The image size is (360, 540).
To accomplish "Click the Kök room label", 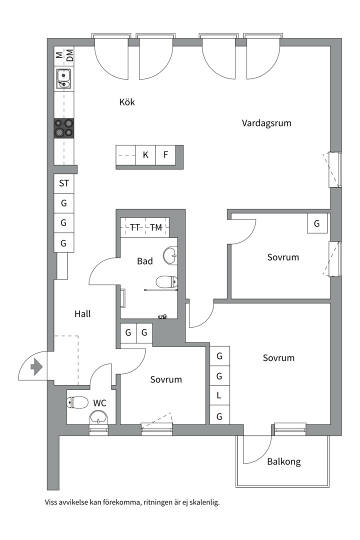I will [x=127, y=102].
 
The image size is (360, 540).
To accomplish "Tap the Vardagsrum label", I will [x=266, y=123].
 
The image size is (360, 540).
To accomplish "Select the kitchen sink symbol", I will [x=63, y=78].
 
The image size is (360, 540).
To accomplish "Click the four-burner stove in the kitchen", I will [x=64, y=128].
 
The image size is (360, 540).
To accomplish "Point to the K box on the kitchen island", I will [x=145, y=155].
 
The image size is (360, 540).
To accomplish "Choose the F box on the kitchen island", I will [x=165, y=155].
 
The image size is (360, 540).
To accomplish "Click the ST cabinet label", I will [x=64, y=183].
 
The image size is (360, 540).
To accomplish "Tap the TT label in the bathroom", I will [x=135, y=227].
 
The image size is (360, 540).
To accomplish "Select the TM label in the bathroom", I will [x=156, y=227].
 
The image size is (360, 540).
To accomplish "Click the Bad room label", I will [x=145, y=261].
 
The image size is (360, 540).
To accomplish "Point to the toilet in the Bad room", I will [x=166, y=282].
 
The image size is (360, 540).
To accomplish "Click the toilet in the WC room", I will [x=77, y=402].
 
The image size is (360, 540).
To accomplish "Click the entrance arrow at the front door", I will [x=36, y=368].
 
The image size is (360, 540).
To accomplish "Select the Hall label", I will [x=82, y=314].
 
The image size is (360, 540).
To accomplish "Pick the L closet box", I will [x=219, y=395].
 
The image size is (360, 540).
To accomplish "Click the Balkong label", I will [x=283, y=461].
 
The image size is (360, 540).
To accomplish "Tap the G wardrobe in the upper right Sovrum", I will [x=317, y=223].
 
